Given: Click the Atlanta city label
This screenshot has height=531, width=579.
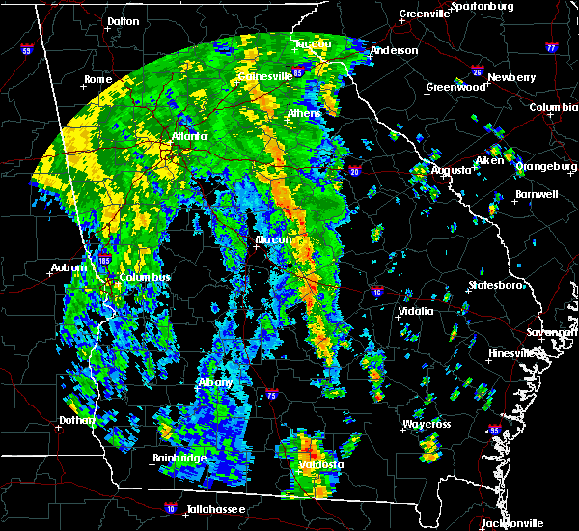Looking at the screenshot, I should pos(189,137).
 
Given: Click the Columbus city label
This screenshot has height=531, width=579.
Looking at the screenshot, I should pos(145,278).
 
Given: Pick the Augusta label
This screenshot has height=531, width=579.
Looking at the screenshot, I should pos(452,170).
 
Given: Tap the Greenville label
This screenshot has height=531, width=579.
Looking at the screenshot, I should pos(426,14).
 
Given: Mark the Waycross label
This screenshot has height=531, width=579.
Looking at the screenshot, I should pos(427,424).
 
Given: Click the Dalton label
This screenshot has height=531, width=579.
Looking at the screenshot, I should pos(123,20).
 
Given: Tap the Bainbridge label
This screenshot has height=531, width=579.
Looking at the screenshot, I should pos(179,458).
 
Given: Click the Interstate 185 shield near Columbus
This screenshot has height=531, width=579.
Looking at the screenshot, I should pos(104,260).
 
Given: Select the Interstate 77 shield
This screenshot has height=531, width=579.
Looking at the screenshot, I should pos(551,45).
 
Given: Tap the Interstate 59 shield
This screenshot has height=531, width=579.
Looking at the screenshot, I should pos(26,49).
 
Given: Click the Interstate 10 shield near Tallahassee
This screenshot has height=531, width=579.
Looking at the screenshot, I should pos(171,505).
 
